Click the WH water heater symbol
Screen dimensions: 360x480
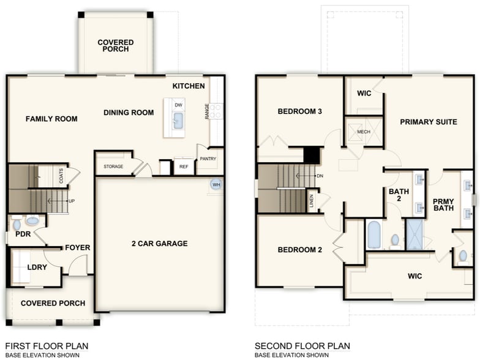tap(216, 184)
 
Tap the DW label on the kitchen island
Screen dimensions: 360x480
tap(178, 105)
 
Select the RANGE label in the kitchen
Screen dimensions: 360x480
tap(207, 111)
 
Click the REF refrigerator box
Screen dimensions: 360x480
tap(183, 167)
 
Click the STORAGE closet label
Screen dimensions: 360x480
tap(113, 167)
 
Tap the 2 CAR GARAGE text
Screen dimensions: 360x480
tap(159, 244)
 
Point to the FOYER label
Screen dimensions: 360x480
tap(78, 248)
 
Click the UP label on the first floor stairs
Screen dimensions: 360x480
tap(72, 200)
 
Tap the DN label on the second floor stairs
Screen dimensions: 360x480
tap(319, 176)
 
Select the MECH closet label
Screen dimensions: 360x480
tap(364, 132)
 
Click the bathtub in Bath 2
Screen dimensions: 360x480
tap(374, 235)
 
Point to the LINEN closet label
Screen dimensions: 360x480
tap(312, 201)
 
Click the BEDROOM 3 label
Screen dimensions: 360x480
tap(300, 111)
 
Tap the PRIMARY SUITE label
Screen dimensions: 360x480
tap(429, 122)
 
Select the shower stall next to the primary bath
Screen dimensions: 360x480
tap(414, 235)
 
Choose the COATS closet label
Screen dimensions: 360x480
tap(62, 175)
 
